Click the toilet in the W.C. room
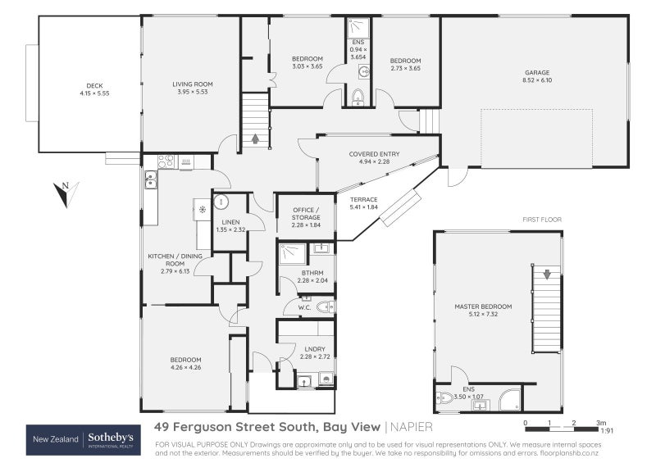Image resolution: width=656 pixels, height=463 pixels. (x=322, y=308)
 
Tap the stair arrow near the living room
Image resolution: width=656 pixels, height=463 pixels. (x=255, y=138)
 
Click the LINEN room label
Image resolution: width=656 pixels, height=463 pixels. (x=230, y=225)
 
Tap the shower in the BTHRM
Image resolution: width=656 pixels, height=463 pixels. (x=289, y=253)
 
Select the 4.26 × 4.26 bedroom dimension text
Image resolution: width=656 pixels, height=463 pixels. (x=185, y=367)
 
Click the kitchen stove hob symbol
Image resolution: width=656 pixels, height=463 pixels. (x=164, y=161)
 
